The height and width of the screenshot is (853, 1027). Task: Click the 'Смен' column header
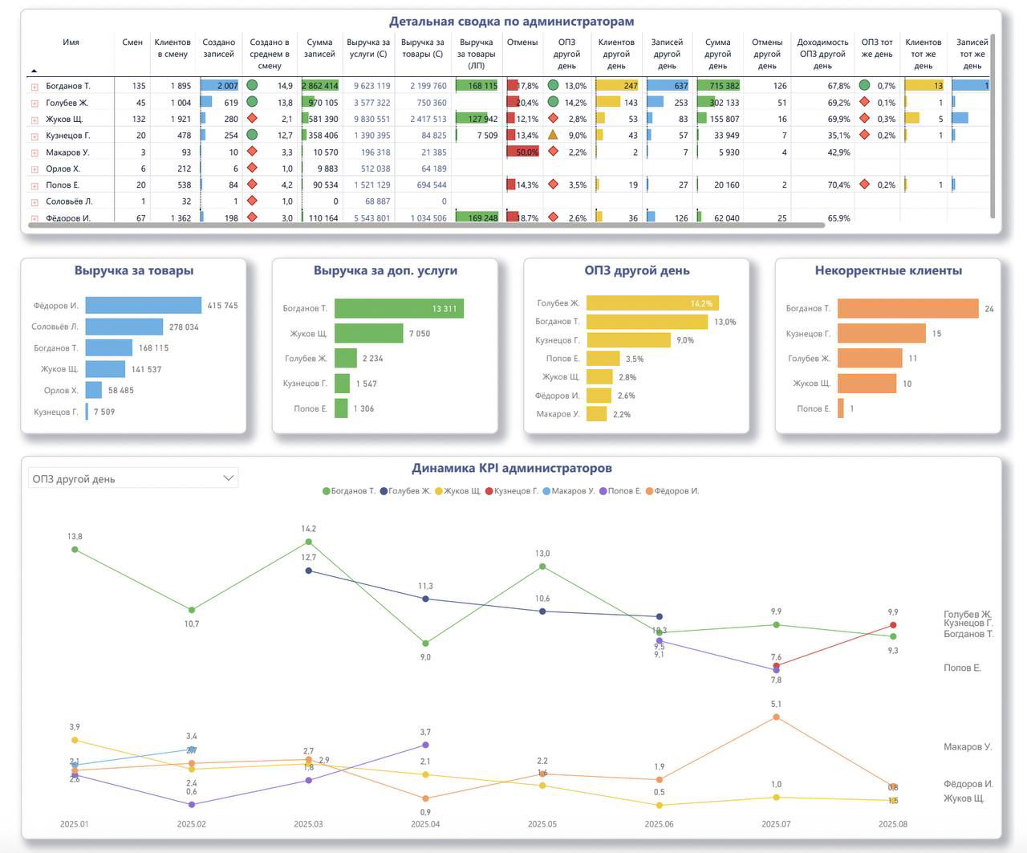(x=132, y=43)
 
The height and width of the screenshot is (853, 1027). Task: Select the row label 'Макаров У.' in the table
(x=67, y=152)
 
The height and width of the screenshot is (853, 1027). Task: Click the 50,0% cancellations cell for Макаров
(x=522, y=152)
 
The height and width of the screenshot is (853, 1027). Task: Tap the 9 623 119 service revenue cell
(x=371, y=86)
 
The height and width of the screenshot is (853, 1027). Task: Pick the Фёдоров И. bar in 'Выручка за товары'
(x=143, y=306)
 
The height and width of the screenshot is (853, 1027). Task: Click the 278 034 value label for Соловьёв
(x=184, y=327)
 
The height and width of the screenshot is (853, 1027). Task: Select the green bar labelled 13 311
(x=399, y=308)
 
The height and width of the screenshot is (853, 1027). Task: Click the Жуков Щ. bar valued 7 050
(x=368, y=334)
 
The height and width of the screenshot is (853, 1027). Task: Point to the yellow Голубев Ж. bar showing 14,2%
(x=652, y=303)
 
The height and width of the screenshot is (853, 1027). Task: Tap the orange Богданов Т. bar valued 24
(x=907, y=309)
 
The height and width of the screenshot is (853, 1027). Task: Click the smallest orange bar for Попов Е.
(x=841, y=408)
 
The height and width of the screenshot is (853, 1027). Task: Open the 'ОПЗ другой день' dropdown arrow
(x=228, y=478)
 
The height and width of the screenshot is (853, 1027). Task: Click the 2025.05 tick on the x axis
(x=542, y=824)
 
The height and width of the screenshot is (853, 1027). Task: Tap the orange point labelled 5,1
(x=776, y=717)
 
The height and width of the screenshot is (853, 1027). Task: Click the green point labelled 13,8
(x=75, y=550)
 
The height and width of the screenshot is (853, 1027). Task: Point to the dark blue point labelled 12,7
(x=309, y=571)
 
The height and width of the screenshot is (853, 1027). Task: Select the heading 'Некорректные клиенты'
(x=887, y=271)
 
